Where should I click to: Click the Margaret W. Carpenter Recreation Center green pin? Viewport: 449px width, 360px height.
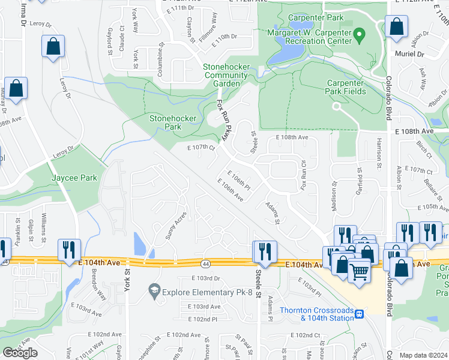pos(360,35)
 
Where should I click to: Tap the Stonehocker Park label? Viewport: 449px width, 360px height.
pos(173,122)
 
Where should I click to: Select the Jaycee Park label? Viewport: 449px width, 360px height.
pos(74,178)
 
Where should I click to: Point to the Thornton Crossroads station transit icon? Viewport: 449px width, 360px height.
pos(359,314)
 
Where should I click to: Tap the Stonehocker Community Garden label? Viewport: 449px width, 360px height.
pos(226,75)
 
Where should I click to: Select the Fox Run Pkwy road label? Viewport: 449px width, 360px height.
pos(223,120)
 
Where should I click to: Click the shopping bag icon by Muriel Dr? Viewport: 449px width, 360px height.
pos(396,27)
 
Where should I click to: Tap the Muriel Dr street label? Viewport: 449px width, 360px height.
pos(410,54)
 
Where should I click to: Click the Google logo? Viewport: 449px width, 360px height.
pos(20,353)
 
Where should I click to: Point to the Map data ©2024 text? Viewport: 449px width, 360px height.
pos(423,355)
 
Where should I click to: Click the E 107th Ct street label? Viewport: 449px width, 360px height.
pos(201,147)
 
